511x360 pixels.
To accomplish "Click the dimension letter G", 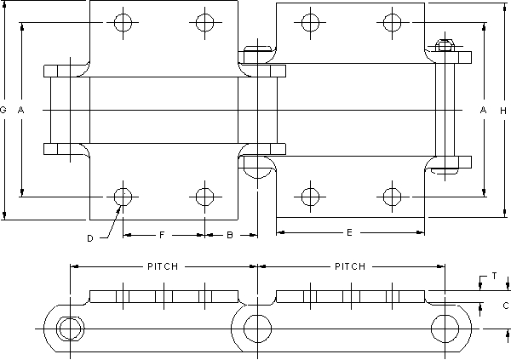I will coord(4,111).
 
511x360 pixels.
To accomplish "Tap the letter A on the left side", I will coord(21,111).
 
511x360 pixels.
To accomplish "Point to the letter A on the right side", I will coord(483,111).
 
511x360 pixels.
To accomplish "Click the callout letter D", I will coord(90,238).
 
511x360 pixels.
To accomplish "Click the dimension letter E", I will coord(349,231).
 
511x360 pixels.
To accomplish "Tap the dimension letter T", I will coord(494,277).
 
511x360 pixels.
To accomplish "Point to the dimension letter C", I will coord(505,305).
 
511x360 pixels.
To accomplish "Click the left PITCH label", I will coord(162,266).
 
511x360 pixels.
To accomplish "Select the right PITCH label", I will coord(349,266).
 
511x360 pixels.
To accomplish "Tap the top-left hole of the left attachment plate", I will coord(123,21).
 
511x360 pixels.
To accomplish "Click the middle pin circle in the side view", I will coord(255,328).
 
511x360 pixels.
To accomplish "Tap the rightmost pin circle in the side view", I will coord(444,328).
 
